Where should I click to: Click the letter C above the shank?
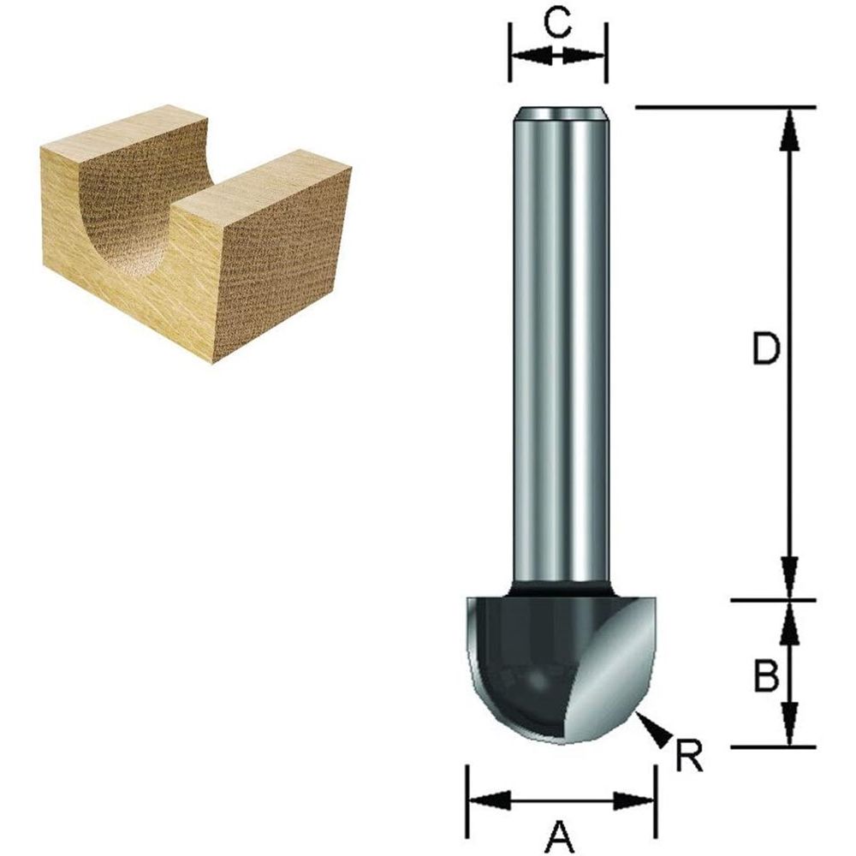pyautogui.click(x=557, y=24)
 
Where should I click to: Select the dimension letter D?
pyautogui.click(x=765, y=349)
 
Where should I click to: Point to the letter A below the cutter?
pyautogui.click(x=558, y=831)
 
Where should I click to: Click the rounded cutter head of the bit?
pyautogui.click(x=522, y=668)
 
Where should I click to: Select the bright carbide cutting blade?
pyautogui.click(x=612, y=676)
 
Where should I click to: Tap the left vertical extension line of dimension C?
pyautogui.click(x=510, y=51)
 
